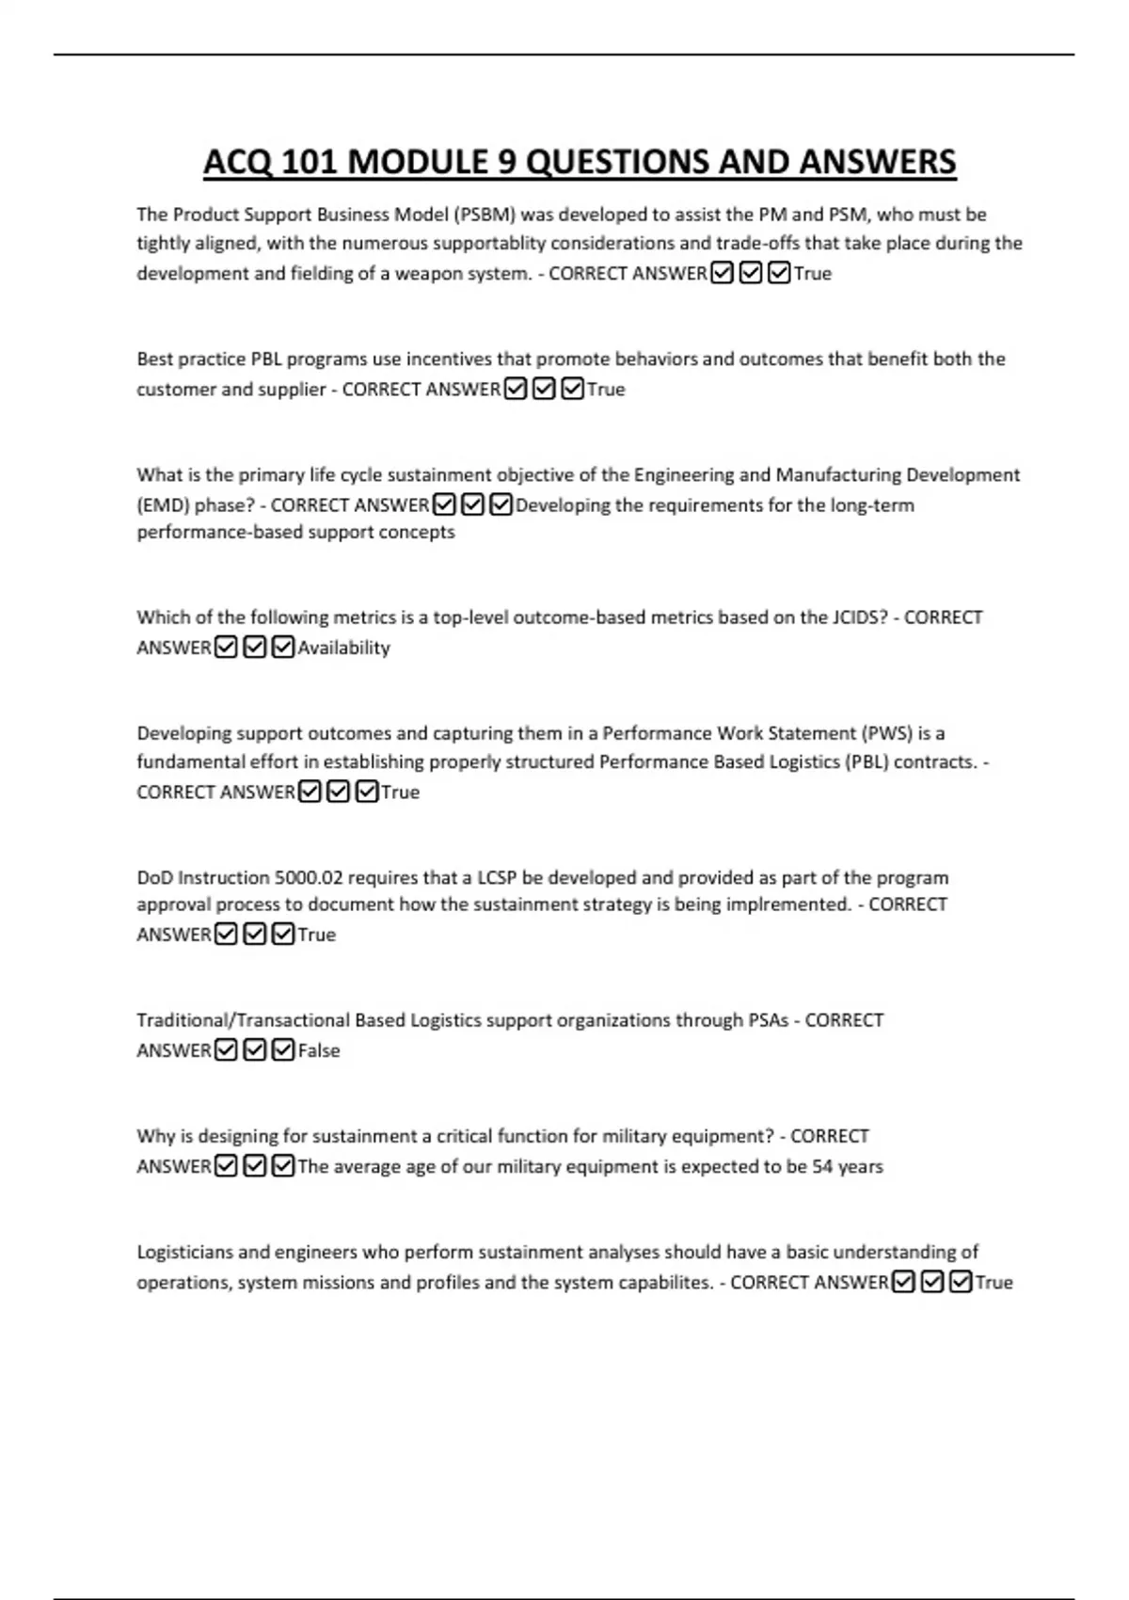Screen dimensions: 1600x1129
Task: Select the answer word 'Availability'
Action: (x=343, y=648)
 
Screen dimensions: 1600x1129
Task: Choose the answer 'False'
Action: (x=319, y=1050)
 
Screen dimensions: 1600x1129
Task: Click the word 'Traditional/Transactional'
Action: (x=243, y=1020)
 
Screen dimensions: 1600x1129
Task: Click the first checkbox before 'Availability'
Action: (x=226, y=648)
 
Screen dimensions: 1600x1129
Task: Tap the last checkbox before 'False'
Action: (x=283, y=1050)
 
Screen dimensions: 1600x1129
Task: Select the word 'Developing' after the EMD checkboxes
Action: (x=563, y=505)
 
